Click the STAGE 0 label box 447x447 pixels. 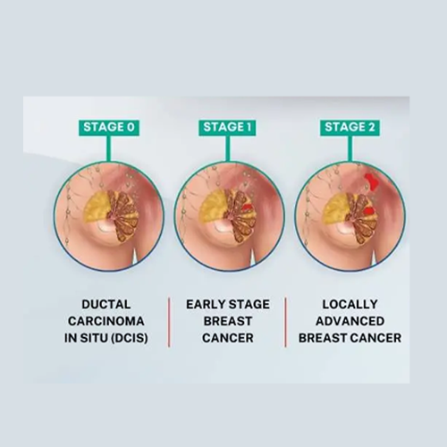[109, 128]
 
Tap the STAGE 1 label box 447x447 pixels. [227, 128]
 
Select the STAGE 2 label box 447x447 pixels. [350, 128]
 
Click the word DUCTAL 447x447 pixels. [106, 304]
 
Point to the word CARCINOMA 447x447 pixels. [106, 321]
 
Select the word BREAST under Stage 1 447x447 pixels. [228, 321]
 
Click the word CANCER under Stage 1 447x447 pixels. [228, 338]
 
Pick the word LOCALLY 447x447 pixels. [350, 304]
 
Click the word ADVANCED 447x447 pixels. [350, 321]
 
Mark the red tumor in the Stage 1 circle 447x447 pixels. [248, 207]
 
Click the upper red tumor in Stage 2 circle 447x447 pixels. [371, 182]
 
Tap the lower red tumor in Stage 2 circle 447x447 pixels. [369, 211]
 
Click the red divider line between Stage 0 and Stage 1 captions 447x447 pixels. [169, 322]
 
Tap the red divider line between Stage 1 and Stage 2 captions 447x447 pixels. [285, 322]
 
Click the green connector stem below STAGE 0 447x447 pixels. [109, 149]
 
